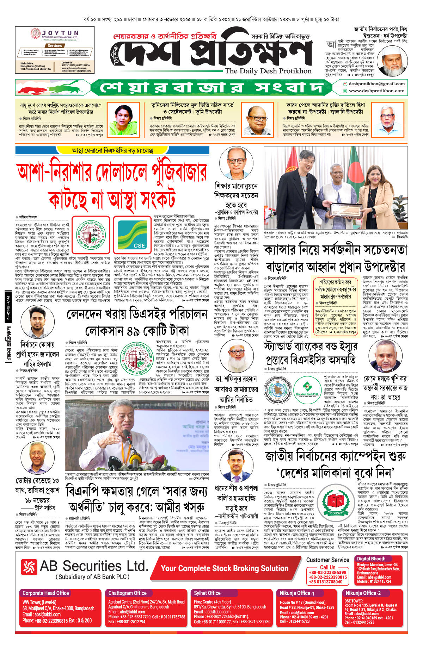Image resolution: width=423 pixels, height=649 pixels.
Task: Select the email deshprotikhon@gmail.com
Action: [x=376, y=84]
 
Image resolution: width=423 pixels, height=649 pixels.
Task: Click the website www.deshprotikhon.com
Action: [x=376, y=91]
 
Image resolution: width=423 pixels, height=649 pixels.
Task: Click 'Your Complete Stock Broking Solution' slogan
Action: [x=225, y=568]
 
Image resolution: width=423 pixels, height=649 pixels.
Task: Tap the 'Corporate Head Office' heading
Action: [x=46, y=593]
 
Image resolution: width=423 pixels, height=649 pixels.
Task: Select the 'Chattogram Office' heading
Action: [x=127, y=593]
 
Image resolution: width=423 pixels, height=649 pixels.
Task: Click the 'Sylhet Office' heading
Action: [x=207, y=593]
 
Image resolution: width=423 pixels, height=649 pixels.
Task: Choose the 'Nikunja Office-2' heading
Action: [x=363, y=593]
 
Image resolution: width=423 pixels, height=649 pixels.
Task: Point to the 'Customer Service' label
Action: [x=327, y=560]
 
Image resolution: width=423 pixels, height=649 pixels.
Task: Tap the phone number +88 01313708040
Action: [x=326, y=582]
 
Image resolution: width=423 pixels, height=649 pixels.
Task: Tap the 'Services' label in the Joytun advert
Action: [x=55, y=46]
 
